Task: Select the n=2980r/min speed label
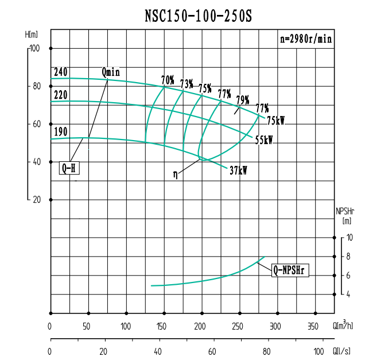click(305, 40)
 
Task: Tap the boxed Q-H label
click(68, 169)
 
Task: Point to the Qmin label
click(111, 72)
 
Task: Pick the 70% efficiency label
click(168, 80)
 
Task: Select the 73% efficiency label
click(187, 84)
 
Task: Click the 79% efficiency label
click(242, 99)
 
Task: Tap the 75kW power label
click(276, 121)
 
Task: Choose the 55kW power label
click(265, 140)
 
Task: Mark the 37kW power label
click(238, 171)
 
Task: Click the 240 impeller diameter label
click(60, 72)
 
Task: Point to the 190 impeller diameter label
click(60, 132)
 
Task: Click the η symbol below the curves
click(175, 174)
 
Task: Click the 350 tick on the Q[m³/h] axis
click(314, 326)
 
